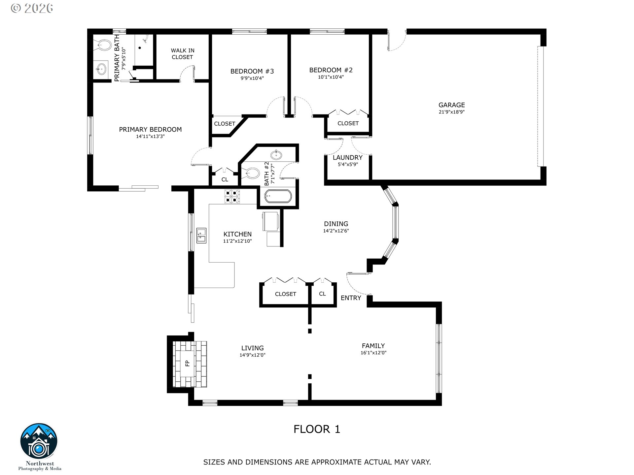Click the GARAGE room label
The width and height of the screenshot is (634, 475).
pyautogui.click(x=451, y=105)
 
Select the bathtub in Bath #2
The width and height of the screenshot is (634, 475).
pyautogui.click(x=278, y=197)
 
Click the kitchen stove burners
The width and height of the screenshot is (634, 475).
pyautogui.click(x=232, y=196)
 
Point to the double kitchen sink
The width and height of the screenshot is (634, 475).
pyautogui.click(x=201, y=235)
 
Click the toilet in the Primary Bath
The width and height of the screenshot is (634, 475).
pyautogui.click(x=104, y=45)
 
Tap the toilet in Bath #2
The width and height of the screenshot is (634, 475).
pyautogui.click(x=252, y=173)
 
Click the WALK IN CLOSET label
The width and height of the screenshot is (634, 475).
pyautogui.click(x=182, y=54)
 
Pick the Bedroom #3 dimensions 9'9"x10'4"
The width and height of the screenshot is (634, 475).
pyautogui.click(x=252, y=79)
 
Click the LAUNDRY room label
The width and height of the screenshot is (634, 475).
pyautogui.click(x=347, y=158)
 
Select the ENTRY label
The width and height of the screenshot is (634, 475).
pyautogui.click(x=351, y=298)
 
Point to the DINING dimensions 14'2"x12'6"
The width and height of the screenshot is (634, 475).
pyautogui.click(x=336, y=231)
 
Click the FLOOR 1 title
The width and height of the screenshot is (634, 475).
pyautogui.click(x=317, y=429)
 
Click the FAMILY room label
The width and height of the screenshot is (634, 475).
pyautogui.click(x=373, y=346)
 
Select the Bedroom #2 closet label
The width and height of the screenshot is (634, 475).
pyautogui.click(x=348, y=123)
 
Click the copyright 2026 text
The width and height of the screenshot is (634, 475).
pyautogui.click(x=32, y=8)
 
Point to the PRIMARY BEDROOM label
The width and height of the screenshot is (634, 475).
pyautogui.click(x=150, y=130)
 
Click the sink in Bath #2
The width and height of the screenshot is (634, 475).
pyautogui.click(x=276, y=154)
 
